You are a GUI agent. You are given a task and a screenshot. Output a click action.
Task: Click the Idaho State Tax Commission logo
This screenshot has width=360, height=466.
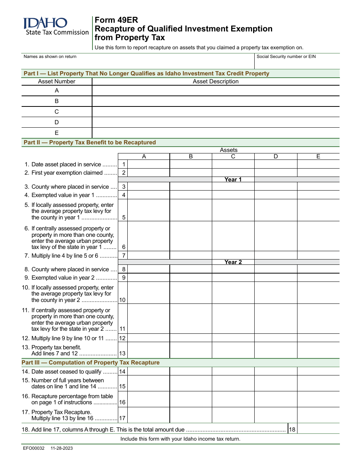point(55,27)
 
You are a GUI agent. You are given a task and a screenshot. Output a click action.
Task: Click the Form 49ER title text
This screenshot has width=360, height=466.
point(116,20)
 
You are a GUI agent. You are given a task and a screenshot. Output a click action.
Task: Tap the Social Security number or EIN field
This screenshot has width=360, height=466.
point(297,61)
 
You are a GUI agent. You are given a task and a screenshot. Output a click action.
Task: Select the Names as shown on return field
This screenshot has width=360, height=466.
point(138,61)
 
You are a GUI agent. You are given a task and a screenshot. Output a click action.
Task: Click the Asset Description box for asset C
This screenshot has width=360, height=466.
point(216,112)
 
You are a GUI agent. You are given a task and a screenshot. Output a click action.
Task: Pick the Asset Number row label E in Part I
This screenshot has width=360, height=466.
point(57,133)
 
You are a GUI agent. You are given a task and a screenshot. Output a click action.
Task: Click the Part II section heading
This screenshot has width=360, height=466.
point(90,142)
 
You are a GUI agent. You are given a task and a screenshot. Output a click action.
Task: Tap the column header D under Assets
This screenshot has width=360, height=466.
point(275,156)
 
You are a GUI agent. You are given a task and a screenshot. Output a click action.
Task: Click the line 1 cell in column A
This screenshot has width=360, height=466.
point(149,164)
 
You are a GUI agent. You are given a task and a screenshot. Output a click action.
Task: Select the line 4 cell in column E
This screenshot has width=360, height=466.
point(318,195)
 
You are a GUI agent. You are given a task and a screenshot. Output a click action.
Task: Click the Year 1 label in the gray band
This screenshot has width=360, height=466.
point(233,180)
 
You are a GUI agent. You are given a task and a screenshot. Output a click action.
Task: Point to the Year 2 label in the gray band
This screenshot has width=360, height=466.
point(233,262)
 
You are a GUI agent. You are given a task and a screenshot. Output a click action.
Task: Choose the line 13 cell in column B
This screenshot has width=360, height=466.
point(191,350)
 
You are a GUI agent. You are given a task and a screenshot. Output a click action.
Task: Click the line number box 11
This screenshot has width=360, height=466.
point(122,329)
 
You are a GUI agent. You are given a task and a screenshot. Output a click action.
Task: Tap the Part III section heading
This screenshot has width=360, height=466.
point(91,363)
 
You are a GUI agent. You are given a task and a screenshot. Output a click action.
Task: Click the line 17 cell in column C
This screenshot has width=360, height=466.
point(233,415)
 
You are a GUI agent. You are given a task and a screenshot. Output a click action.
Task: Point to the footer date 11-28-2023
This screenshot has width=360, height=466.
point(62,448)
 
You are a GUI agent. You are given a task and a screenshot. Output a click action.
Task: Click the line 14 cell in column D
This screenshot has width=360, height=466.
point(275,372)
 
